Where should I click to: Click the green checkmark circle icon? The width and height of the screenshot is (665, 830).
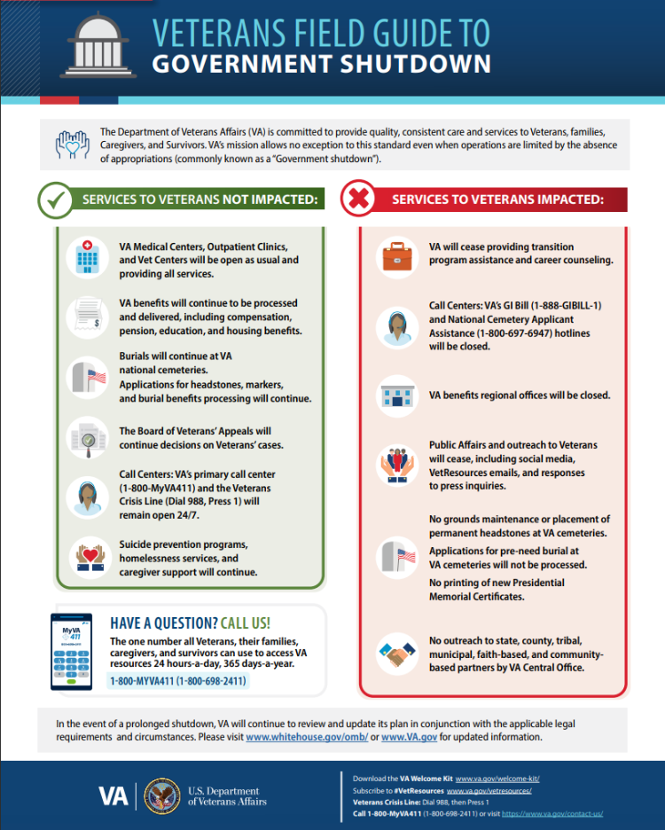pos(55,200)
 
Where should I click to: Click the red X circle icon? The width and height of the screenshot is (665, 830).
pos(359,200)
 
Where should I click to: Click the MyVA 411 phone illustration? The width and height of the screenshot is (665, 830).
pos(75,650)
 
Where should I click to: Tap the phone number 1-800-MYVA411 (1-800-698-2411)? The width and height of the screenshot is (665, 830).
pos(178,681)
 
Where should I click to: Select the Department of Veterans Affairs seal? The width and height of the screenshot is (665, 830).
pos(160,795)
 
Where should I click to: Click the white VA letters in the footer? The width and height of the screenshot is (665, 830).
pos(112,796)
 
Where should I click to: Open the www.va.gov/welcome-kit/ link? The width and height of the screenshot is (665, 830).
pos(497,779)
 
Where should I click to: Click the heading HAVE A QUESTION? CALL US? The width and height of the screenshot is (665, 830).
pos(190,622)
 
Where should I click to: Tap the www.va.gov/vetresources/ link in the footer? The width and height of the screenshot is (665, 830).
pos(489,789)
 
